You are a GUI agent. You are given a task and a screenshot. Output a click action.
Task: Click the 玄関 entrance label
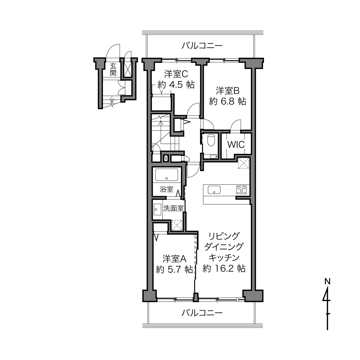coord(113,70)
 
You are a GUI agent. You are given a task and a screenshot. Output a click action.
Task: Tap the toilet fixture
coord(212,140)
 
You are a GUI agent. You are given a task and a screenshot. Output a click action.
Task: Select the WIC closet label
coord(236,144)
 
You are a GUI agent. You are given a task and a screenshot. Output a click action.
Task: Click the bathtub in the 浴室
coord(167,175)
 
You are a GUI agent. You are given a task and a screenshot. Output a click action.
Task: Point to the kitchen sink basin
coord(214,190)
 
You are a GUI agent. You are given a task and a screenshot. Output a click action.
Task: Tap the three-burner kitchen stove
coord(242,189)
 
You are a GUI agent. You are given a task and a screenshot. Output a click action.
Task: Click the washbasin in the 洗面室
coord(157,209)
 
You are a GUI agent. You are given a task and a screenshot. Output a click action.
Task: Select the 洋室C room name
coord(176,74)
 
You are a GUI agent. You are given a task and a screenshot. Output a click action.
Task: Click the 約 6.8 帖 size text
coord(227,102)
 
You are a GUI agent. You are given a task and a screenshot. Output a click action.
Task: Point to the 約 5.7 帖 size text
coord(174,270)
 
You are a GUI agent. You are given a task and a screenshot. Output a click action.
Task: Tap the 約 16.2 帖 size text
coord(224,269)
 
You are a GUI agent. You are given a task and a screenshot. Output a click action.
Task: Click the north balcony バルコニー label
coord(202,46)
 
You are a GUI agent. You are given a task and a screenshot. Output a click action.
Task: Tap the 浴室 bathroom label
coord(166,189)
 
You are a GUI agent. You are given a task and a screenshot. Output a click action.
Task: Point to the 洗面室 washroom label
coord(174,208)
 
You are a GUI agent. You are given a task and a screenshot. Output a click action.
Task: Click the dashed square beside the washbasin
coord(177,225)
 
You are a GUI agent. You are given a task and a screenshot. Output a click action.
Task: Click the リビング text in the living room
coord(224,236)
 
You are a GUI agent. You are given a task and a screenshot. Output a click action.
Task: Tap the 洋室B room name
coord(227,91)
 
